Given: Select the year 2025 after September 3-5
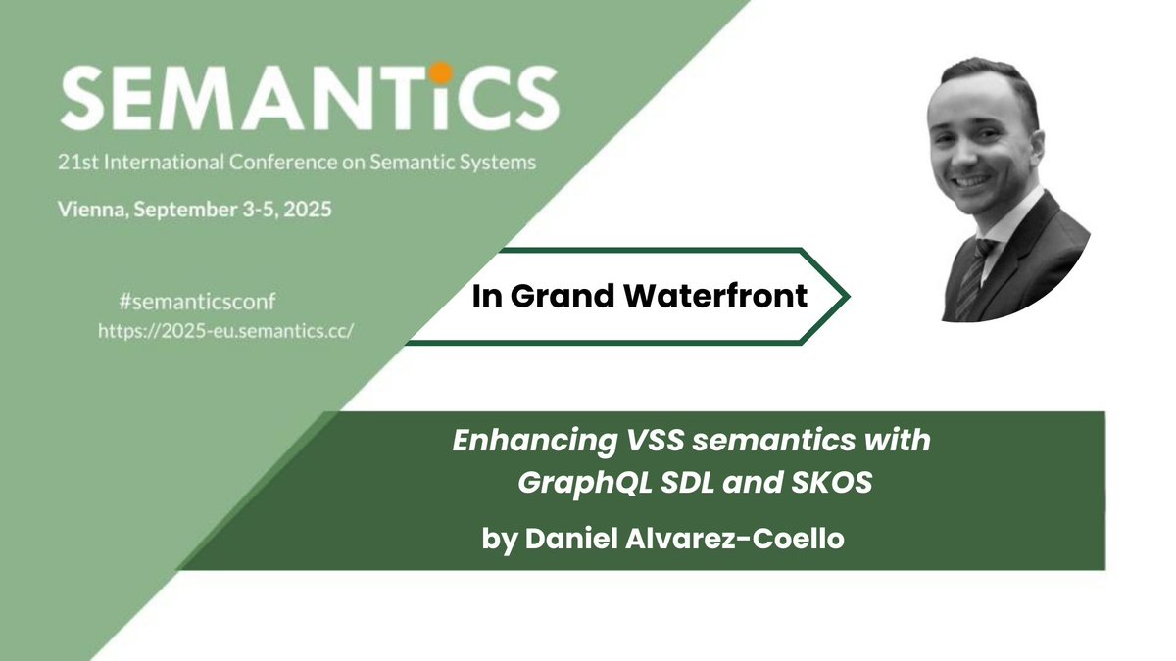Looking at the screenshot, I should click(x=303, y=211).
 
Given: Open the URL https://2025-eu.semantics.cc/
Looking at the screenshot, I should click(x=225, y=330).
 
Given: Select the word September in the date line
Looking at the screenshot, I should click(x=189, y=211).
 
